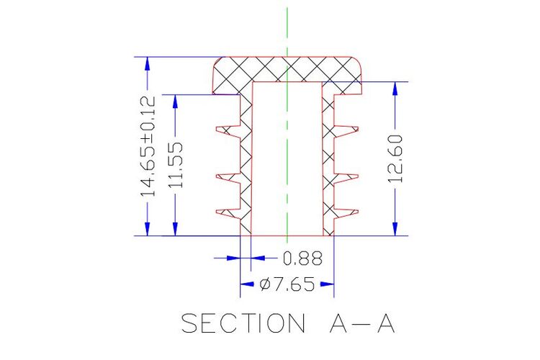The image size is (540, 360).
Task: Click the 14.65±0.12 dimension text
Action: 148,146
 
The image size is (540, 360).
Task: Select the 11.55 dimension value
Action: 176,166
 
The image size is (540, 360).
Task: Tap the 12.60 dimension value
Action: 395,159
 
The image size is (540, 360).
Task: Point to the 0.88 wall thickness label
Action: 302,258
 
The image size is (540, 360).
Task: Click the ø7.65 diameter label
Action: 287,284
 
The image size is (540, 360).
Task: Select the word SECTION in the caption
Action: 243,323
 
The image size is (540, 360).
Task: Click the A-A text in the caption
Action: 362,323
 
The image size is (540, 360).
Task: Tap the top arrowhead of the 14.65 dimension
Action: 148,63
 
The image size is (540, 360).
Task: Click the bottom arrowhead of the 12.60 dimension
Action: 395,229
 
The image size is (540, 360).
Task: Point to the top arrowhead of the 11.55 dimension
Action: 175,102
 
